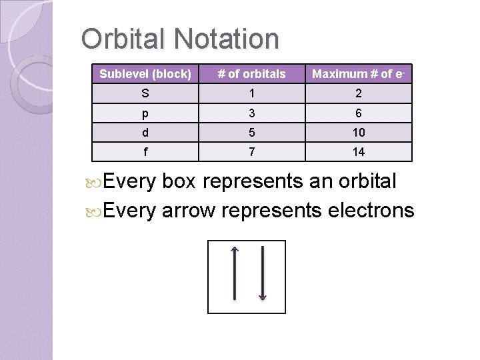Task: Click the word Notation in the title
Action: point(226,39)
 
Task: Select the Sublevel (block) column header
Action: point(145,74)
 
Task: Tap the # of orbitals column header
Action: point(252,74)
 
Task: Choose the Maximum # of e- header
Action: point(359,74)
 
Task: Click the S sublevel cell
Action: point(145,93)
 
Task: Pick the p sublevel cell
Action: point(145,113)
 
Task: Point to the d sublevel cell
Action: point(145,133)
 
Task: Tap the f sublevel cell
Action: point(145,152)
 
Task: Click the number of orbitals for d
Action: point(252,133)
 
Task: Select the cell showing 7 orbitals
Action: point(252,152)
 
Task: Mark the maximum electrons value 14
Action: point(359,152)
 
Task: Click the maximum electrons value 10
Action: point(359,133)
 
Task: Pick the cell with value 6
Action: point(359,113)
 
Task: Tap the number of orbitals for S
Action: point(252,93)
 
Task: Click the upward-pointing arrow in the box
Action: point(234,273)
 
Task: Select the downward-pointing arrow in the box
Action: point(263,273)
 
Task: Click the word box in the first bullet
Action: point(181,181)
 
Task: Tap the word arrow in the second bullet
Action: point(189,211)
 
